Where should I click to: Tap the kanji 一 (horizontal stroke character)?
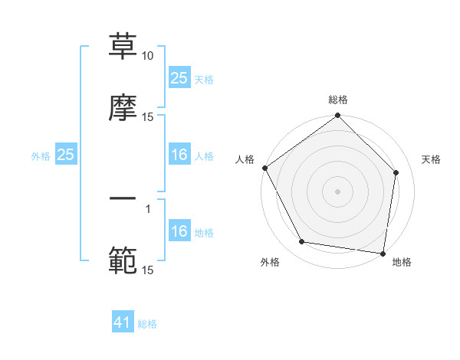click(x=123, y=200)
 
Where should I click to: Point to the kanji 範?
click(x=123, y=260)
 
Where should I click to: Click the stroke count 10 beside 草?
click(x=148, y=57)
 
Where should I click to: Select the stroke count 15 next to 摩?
click(x=148, y=116)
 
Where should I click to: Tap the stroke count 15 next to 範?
click(x=148, y=270)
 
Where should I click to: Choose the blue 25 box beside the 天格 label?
click(x=179, y=78)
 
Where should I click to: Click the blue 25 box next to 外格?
click(x=66, y=155)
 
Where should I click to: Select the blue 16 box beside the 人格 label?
click(x=179, y=155)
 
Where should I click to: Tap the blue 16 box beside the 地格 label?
click(x=179, y=231)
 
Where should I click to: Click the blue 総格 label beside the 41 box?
click(x=147, y=324)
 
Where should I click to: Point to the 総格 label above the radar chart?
click(x=338, y=100)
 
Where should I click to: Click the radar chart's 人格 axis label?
click(x=245, y=159)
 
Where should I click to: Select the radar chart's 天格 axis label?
click(x=432, y=159)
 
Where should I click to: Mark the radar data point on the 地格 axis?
click(x=383, y=253)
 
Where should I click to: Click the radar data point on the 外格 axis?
click(x=302, y=242)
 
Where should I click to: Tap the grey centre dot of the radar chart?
click(x=338, y=191)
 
